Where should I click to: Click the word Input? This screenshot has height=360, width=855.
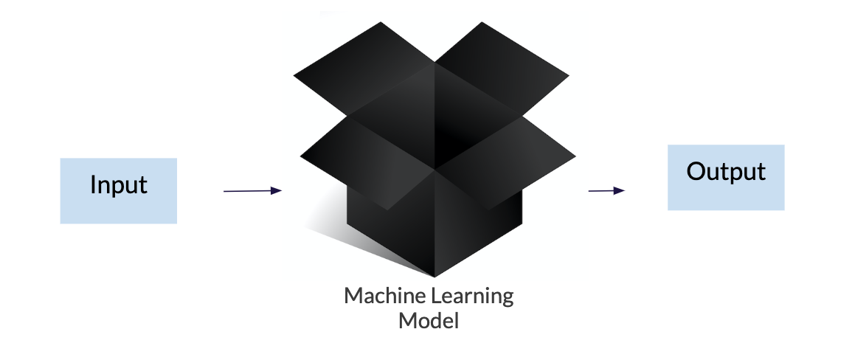118,185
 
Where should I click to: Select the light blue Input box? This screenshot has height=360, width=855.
118,191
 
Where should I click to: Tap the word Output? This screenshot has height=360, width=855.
726,172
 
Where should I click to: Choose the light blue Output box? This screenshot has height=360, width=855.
726,177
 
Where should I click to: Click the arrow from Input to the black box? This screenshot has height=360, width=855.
252,191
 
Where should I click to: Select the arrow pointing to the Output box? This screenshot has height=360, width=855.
606,191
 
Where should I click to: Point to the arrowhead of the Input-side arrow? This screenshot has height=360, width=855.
277,190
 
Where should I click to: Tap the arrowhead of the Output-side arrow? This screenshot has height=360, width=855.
620,190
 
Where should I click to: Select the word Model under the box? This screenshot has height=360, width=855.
429,320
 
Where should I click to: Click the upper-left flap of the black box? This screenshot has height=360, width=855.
364,68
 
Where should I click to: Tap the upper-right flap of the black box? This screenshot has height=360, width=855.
502,68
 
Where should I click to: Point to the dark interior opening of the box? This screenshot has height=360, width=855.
435,117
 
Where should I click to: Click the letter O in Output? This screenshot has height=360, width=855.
696,172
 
